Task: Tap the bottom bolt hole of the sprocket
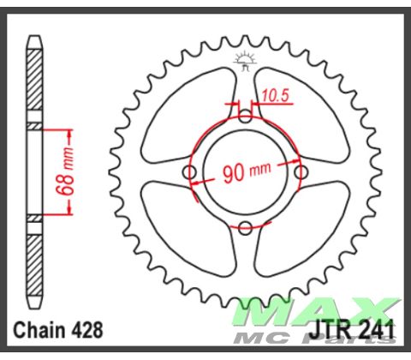[x=245, y=227]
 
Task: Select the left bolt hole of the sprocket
[x=190, y=172]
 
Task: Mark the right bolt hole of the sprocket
[x=301, y=172]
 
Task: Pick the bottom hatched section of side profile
[x=34, y=261]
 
